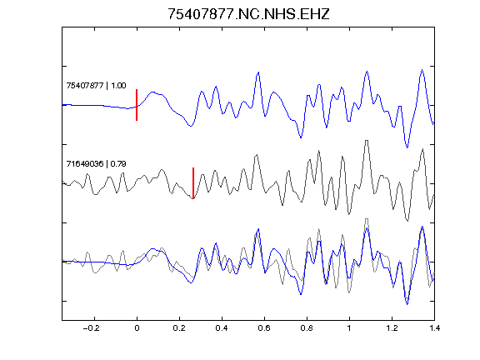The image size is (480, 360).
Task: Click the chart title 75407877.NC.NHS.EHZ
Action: [x=248, y=14]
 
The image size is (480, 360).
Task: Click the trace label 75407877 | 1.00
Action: [x=96, y=85]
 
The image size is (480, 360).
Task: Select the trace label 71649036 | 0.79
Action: [x=96, y=164]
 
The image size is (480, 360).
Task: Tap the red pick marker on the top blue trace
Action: [x=137, y=105]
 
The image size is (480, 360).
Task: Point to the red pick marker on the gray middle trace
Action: [x=193, y=183]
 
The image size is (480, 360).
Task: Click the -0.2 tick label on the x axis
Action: [x=91, y=328]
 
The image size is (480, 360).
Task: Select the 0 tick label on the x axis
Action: [x=137, y=328]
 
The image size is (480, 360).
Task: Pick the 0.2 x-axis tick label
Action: [x=179, y=328]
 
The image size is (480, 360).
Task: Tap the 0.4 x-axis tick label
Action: [x=222, y=328]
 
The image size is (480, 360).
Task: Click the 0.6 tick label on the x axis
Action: [x=264, y=328]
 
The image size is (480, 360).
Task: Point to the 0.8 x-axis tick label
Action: [x=307, y=328]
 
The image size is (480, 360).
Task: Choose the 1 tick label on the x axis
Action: [x=349, y=328]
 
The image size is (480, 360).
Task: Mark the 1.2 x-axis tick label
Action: [x=392, y=328]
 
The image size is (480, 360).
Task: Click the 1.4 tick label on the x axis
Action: [x=434, y=328]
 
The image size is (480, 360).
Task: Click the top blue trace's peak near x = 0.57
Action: [x=258, y=72]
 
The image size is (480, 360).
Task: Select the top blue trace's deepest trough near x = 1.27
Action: [x=407, y=147]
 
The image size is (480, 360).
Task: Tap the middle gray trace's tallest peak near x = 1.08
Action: [x=367, y=141]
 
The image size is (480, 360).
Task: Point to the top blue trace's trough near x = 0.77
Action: [x=301, y=137]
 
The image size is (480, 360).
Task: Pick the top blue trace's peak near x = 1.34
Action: [x=422, y=70]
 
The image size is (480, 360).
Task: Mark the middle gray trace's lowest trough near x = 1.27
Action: [x=407, y=220]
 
